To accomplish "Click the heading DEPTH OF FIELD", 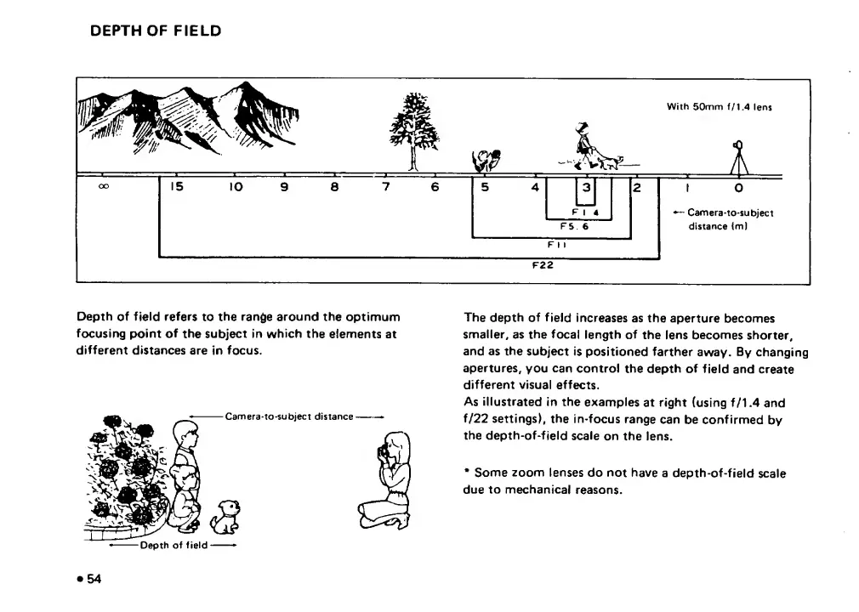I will tap(156, 31).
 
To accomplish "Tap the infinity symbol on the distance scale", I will tap(103, 187).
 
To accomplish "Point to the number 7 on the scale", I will tap(385, 187).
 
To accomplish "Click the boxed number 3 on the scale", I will tap(585, 188).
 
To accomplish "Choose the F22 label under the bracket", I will tap(542, 264).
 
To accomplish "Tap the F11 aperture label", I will tap(557, 243).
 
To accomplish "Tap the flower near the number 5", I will tap(486, 159).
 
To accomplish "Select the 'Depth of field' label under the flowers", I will tap(174, 545).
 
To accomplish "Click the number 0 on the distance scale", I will tap(738, 188).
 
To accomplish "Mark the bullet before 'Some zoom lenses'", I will tap(467, 472).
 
